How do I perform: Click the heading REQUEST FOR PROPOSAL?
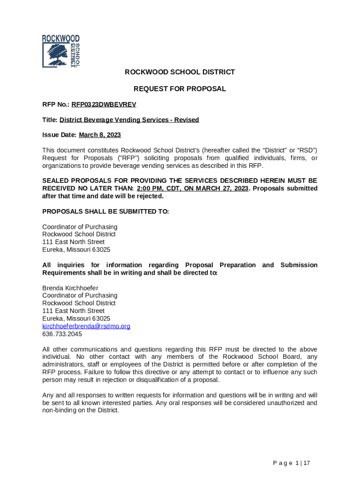click(x=180, y=88)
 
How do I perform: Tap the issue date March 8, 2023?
click(x=100, y=135)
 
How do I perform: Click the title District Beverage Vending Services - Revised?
click(x=129, y=120)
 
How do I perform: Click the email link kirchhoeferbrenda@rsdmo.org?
click(x=86, y=326)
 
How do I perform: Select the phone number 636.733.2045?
click(x=62, y=334)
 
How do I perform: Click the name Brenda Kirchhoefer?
click(x=70, y=288)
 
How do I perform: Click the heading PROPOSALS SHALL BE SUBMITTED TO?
click(x=105, y=211)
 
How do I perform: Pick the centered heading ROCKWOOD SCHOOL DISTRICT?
click(x=180, y=72)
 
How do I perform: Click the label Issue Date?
click(x=59, y=135)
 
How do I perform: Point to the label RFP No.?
click(x=56, y=104)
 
